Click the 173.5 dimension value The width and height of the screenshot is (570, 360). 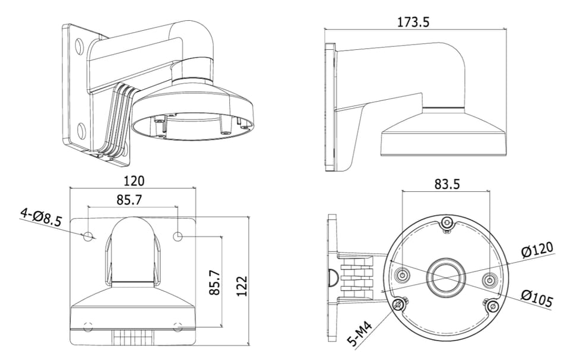click(414, 22)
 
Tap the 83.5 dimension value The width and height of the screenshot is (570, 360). click(446, 184)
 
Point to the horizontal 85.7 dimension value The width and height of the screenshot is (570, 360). click(129, 200)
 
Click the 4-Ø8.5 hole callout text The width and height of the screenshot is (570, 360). click(41, 218)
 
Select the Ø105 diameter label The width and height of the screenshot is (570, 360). click(537, 296)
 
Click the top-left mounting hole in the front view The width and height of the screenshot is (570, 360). click(88, 236)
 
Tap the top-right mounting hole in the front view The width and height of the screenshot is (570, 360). click(178, 236)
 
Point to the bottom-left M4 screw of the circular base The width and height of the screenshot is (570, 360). click(399, 305)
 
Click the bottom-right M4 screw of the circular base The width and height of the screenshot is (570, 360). click(492, 307)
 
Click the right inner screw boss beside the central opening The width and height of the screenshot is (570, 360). click(489, 280)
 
